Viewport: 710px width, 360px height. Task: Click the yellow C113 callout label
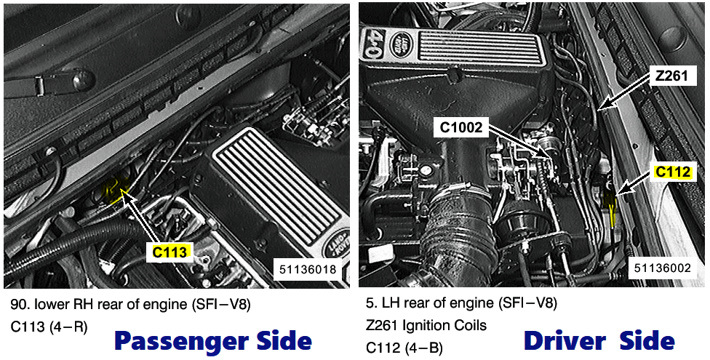[169, 252]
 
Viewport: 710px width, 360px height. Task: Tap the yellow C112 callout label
[673, 172]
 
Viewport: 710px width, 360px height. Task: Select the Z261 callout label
[671, 76]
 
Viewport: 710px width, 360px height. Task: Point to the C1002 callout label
[461, 127]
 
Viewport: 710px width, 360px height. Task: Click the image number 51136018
[307, 269]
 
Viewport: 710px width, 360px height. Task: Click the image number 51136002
[662, 268]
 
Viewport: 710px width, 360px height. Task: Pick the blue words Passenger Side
[213, 341]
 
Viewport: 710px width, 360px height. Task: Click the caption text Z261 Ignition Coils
[426, 325]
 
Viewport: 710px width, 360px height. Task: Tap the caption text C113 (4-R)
[49, 327]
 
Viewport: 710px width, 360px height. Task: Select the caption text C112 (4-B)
[404, 348]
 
